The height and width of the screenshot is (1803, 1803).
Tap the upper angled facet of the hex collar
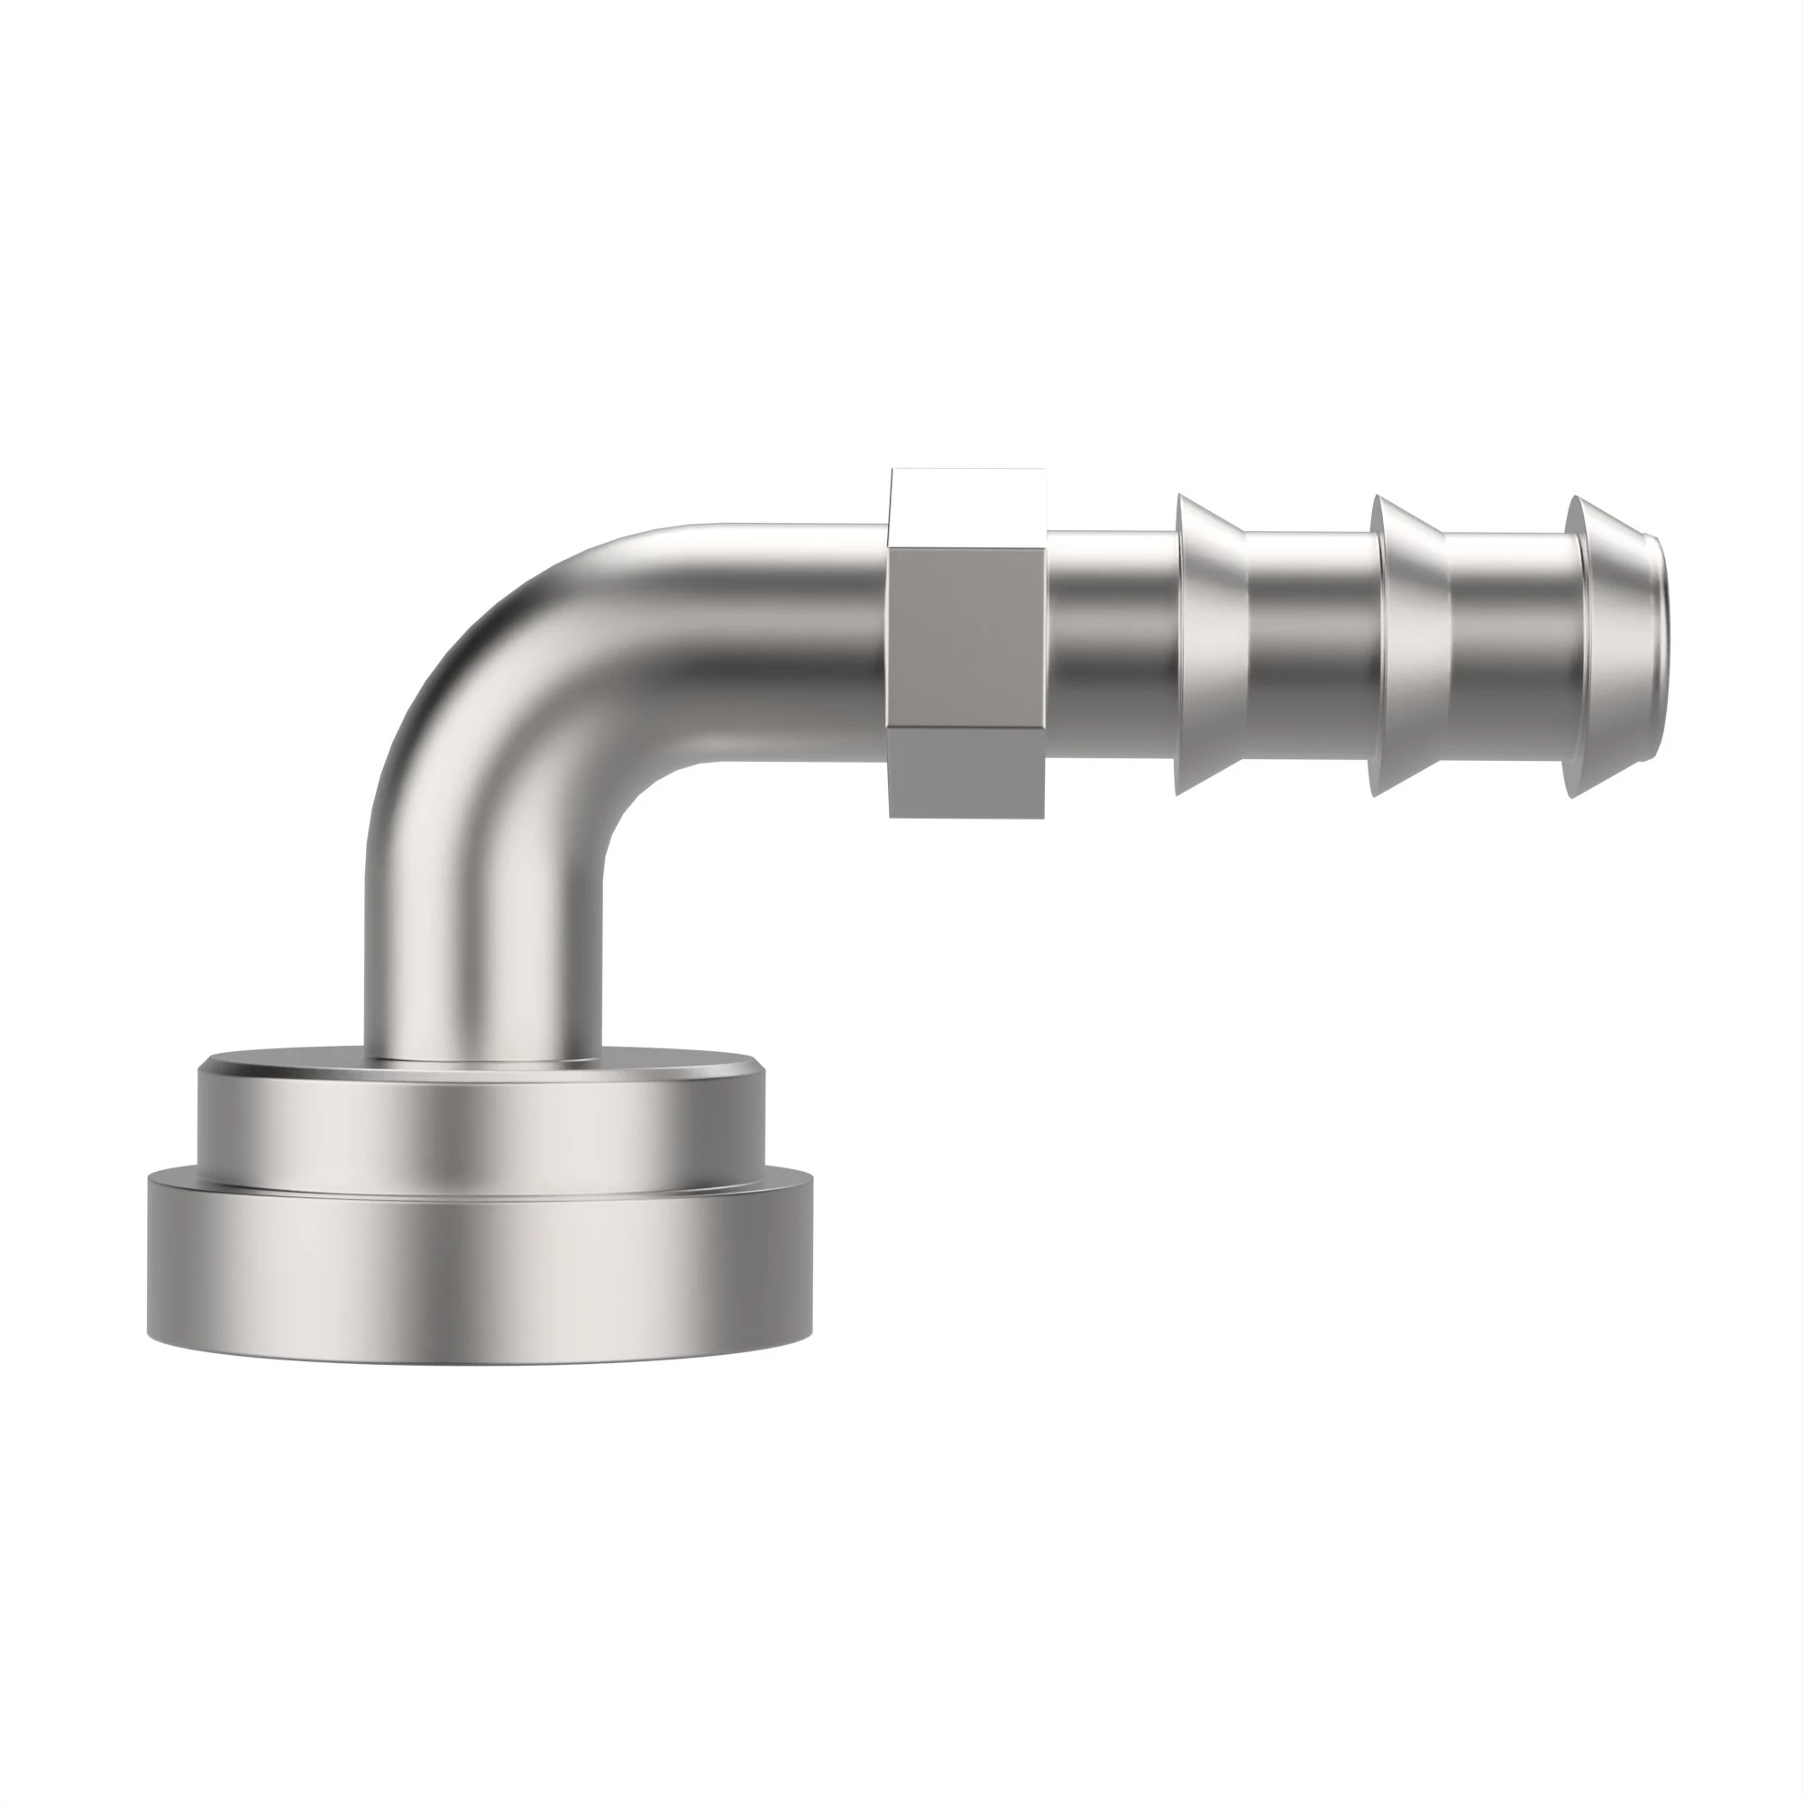point(966,509)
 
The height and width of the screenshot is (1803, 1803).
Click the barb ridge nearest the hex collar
point(1212,644)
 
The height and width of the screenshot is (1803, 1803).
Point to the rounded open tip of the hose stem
point(1624,644)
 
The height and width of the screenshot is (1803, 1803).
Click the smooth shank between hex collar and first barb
point(1111,644)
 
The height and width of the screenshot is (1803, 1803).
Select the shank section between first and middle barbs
point(1310,644)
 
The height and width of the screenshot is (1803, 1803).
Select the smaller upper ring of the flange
point(480,1120)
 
